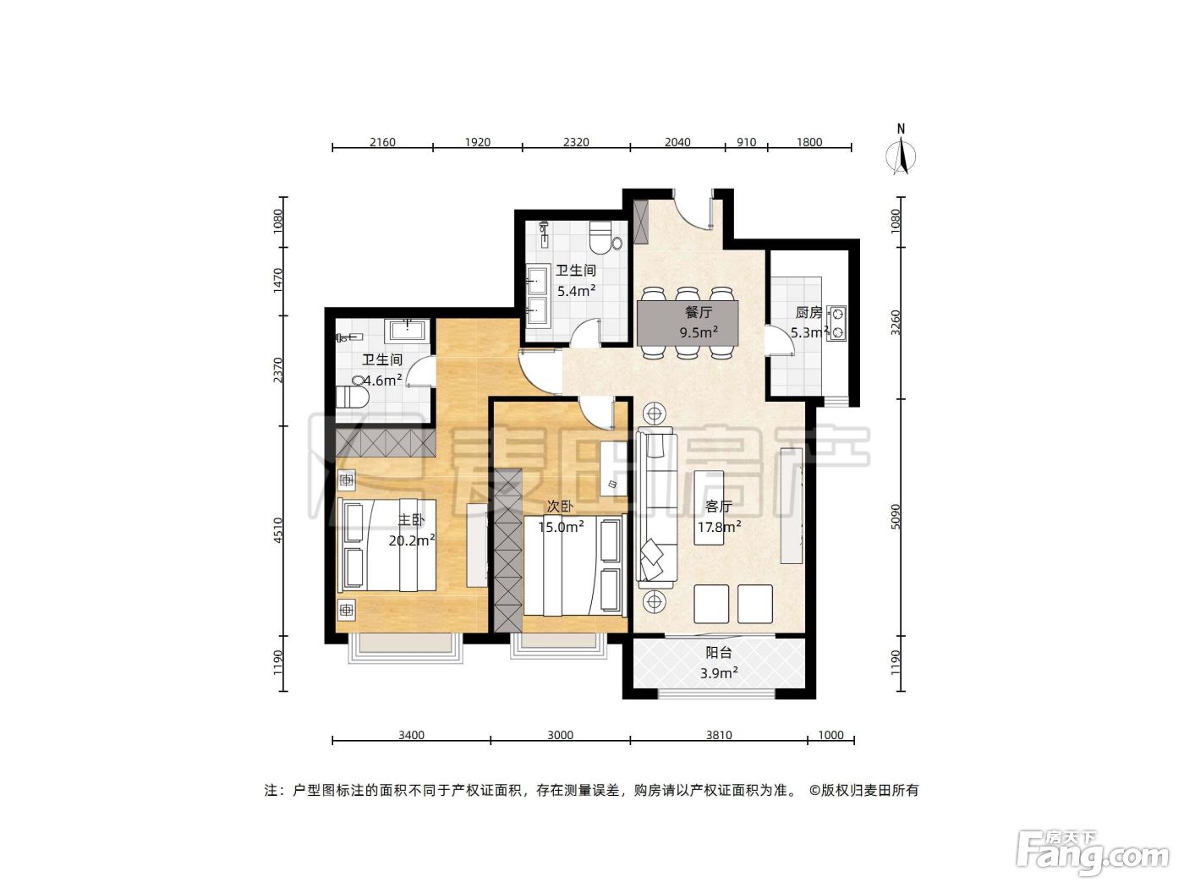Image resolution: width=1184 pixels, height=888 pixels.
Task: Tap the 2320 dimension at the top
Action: (576, 142)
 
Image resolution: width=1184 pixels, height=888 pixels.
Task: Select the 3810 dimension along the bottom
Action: (719, 735)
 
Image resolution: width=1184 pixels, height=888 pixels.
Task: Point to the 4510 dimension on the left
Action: (277, 530)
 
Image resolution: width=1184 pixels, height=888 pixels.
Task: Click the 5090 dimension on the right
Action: (896, 517)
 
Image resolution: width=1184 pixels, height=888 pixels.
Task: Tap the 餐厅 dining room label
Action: (699, 311)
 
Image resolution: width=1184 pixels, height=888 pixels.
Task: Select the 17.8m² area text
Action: (719, 527)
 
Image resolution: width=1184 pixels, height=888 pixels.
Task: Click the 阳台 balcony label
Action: (719, 652)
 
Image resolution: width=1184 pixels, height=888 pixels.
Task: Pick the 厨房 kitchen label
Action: (808, 312)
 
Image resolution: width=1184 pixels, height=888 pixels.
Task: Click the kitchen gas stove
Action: (836, 324)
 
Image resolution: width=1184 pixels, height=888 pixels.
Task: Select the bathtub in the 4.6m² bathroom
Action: (408, 330)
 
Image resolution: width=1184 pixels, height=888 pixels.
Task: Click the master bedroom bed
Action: (386, 545)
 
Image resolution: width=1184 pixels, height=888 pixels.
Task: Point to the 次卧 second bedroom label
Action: (560, 507)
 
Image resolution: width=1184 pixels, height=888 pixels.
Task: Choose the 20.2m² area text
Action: (412, 540)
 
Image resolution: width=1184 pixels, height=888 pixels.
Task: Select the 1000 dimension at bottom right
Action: (830, 735)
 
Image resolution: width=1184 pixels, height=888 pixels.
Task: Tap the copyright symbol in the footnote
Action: (814, 791)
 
